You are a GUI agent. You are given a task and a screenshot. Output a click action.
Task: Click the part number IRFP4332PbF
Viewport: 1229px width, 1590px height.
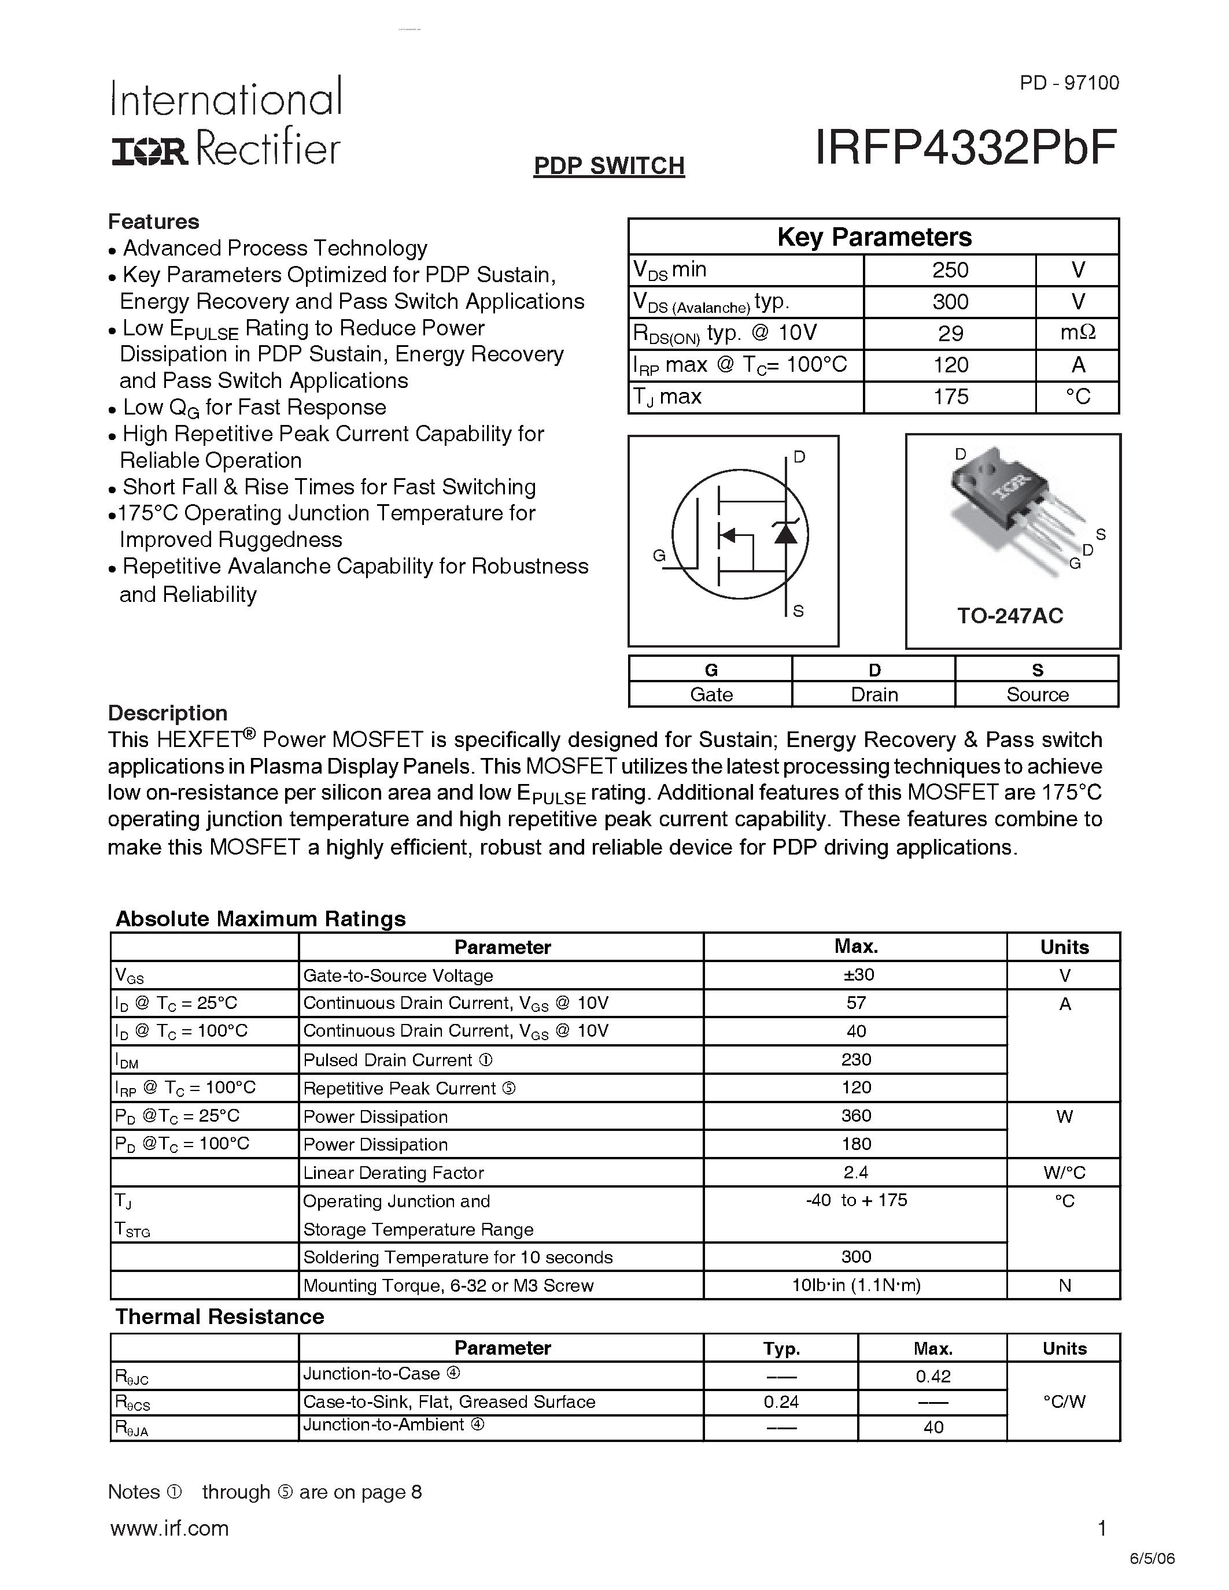tap(965, 148)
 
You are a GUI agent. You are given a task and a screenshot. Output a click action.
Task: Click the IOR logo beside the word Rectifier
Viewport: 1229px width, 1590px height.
tap(149, 151)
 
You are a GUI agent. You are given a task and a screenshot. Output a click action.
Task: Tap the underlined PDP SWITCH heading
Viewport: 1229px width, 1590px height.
tap(608, 166)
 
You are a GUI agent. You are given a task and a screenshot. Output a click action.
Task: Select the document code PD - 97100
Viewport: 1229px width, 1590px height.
tap(1069, 83)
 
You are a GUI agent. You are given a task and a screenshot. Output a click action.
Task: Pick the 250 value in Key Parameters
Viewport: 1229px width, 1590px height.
tap(950, 270)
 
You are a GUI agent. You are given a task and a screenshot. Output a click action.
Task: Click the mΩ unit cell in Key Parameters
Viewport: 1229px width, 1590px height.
tap(1077, 334)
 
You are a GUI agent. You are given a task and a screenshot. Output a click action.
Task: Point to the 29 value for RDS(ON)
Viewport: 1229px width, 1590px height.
tap(950, 334)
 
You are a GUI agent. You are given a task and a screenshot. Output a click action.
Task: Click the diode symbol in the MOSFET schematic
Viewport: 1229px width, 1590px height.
tap(785, 534)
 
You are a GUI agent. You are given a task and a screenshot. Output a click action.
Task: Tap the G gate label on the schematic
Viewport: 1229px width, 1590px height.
tap(659, 556)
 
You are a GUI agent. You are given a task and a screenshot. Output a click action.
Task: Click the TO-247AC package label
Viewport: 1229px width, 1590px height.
tap(1010, 616)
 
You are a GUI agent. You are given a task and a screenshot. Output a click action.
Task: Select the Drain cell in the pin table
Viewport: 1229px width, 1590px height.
tap(874, 694)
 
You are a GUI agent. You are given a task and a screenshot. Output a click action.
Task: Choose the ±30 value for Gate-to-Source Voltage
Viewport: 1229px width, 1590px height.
tap(855, 975)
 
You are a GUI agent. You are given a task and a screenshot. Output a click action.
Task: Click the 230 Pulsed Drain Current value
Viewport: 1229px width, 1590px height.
tap(855, 1059)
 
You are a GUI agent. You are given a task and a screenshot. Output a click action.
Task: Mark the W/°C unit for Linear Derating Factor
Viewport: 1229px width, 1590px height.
tap(1064, 1173)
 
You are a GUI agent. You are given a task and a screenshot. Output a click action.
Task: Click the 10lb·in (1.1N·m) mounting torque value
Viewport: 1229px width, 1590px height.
tap(855, 1286)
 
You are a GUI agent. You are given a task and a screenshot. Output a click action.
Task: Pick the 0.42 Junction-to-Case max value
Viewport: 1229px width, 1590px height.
tap(933, 1377)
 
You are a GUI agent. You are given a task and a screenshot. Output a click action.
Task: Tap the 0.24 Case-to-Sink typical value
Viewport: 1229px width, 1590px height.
tap(781, 1402)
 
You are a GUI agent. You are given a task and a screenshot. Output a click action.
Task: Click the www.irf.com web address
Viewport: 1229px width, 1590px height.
tap(169, 1528)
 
